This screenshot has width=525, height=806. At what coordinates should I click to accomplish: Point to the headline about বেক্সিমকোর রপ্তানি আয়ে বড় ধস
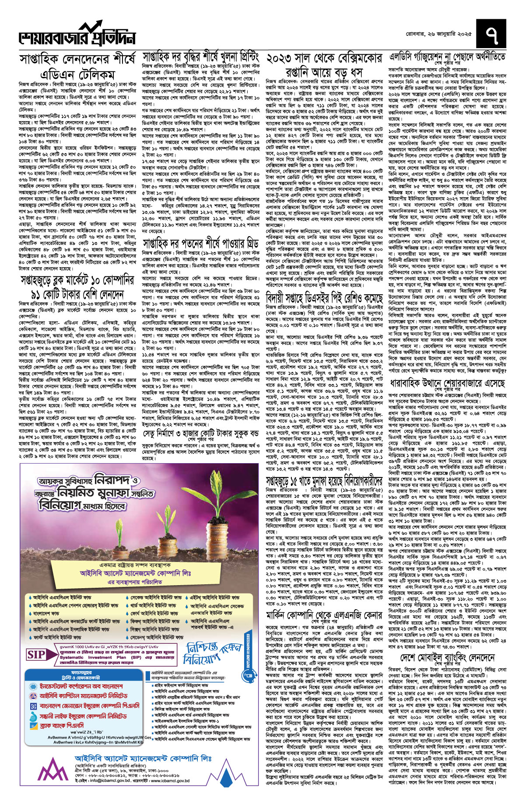pos(324,65)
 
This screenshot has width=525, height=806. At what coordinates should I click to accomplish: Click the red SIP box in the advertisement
pos(37,655)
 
